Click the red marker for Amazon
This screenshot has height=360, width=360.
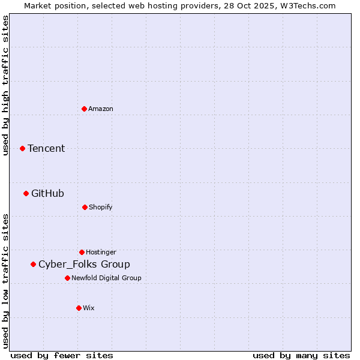[84, 109]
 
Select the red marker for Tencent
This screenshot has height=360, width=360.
[23, 148]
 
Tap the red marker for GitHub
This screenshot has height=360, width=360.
[26, 193]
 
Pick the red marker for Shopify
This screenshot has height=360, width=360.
[85, 207]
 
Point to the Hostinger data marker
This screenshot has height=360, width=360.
[82, 252]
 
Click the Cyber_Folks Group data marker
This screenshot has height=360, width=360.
[33, 264]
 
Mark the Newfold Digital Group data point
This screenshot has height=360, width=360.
[67, 278]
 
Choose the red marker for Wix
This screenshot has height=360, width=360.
[79, 308]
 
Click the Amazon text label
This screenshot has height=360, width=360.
[101, 109]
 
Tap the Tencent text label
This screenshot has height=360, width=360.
[46, 148]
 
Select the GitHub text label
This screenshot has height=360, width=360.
[47, 193]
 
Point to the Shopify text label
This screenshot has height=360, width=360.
[101, 207]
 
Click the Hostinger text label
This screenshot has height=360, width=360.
[101, 252]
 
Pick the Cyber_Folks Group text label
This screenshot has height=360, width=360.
[84, 264]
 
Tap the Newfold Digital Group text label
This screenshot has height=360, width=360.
[106, 278]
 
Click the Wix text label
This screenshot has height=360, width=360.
[89, 308]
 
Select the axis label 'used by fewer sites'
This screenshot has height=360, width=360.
[62, 355]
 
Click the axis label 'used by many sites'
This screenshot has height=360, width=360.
[301, 355]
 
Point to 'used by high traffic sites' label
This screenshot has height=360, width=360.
[5, 85]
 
